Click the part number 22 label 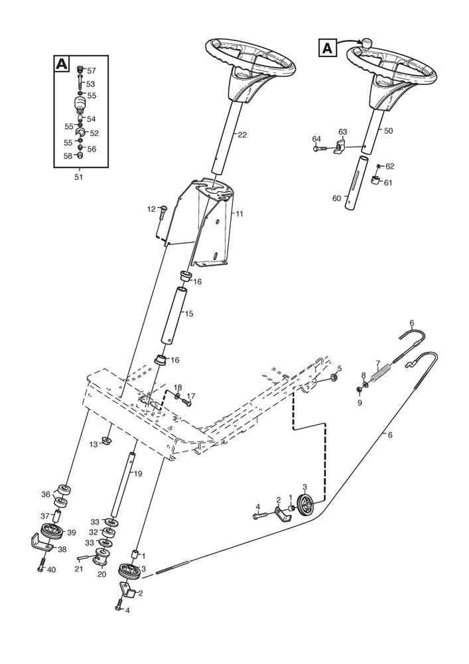tap(242, 135)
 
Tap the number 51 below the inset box tap(79, 177)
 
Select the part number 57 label tap(92, 70)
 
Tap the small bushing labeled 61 tap(375, 181)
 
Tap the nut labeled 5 tap(335, 378)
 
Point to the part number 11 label tap(239, 214)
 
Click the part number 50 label tap(388, 131)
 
